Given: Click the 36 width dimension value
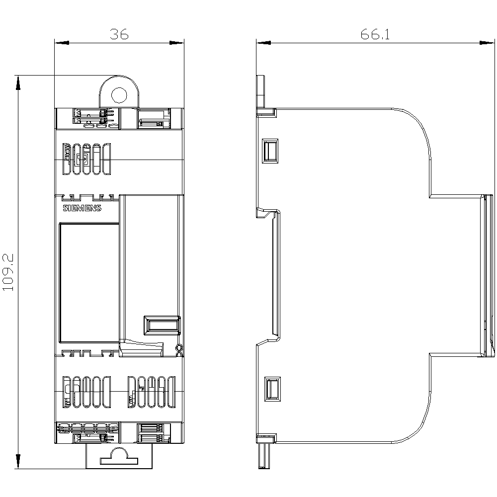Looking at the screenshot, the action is click(x=119, y=34).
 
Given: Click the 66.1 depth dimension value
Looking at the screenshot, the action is click(x=375, y=34).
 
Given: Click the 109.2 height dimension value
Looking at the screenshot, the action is click(x=8, y=272).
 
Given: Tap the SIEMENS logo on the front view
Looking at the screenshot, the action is click(x=82, y=208).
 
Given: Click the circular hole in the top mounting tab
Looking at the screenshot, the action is click(x=119, y=95).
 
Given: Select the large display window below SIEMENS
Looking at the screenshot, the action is click(x=89, y=283).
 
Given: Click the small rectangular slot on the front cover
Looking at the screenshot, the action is click(x=162, y=325).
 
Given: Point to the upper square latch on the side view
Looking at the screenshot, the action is click(x=270, y=151).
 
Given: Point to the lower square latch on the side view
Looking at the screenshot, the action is click(x=272, y=389).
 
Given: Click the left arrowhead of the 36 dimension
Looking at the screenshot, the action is click(x=62, y=42).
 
